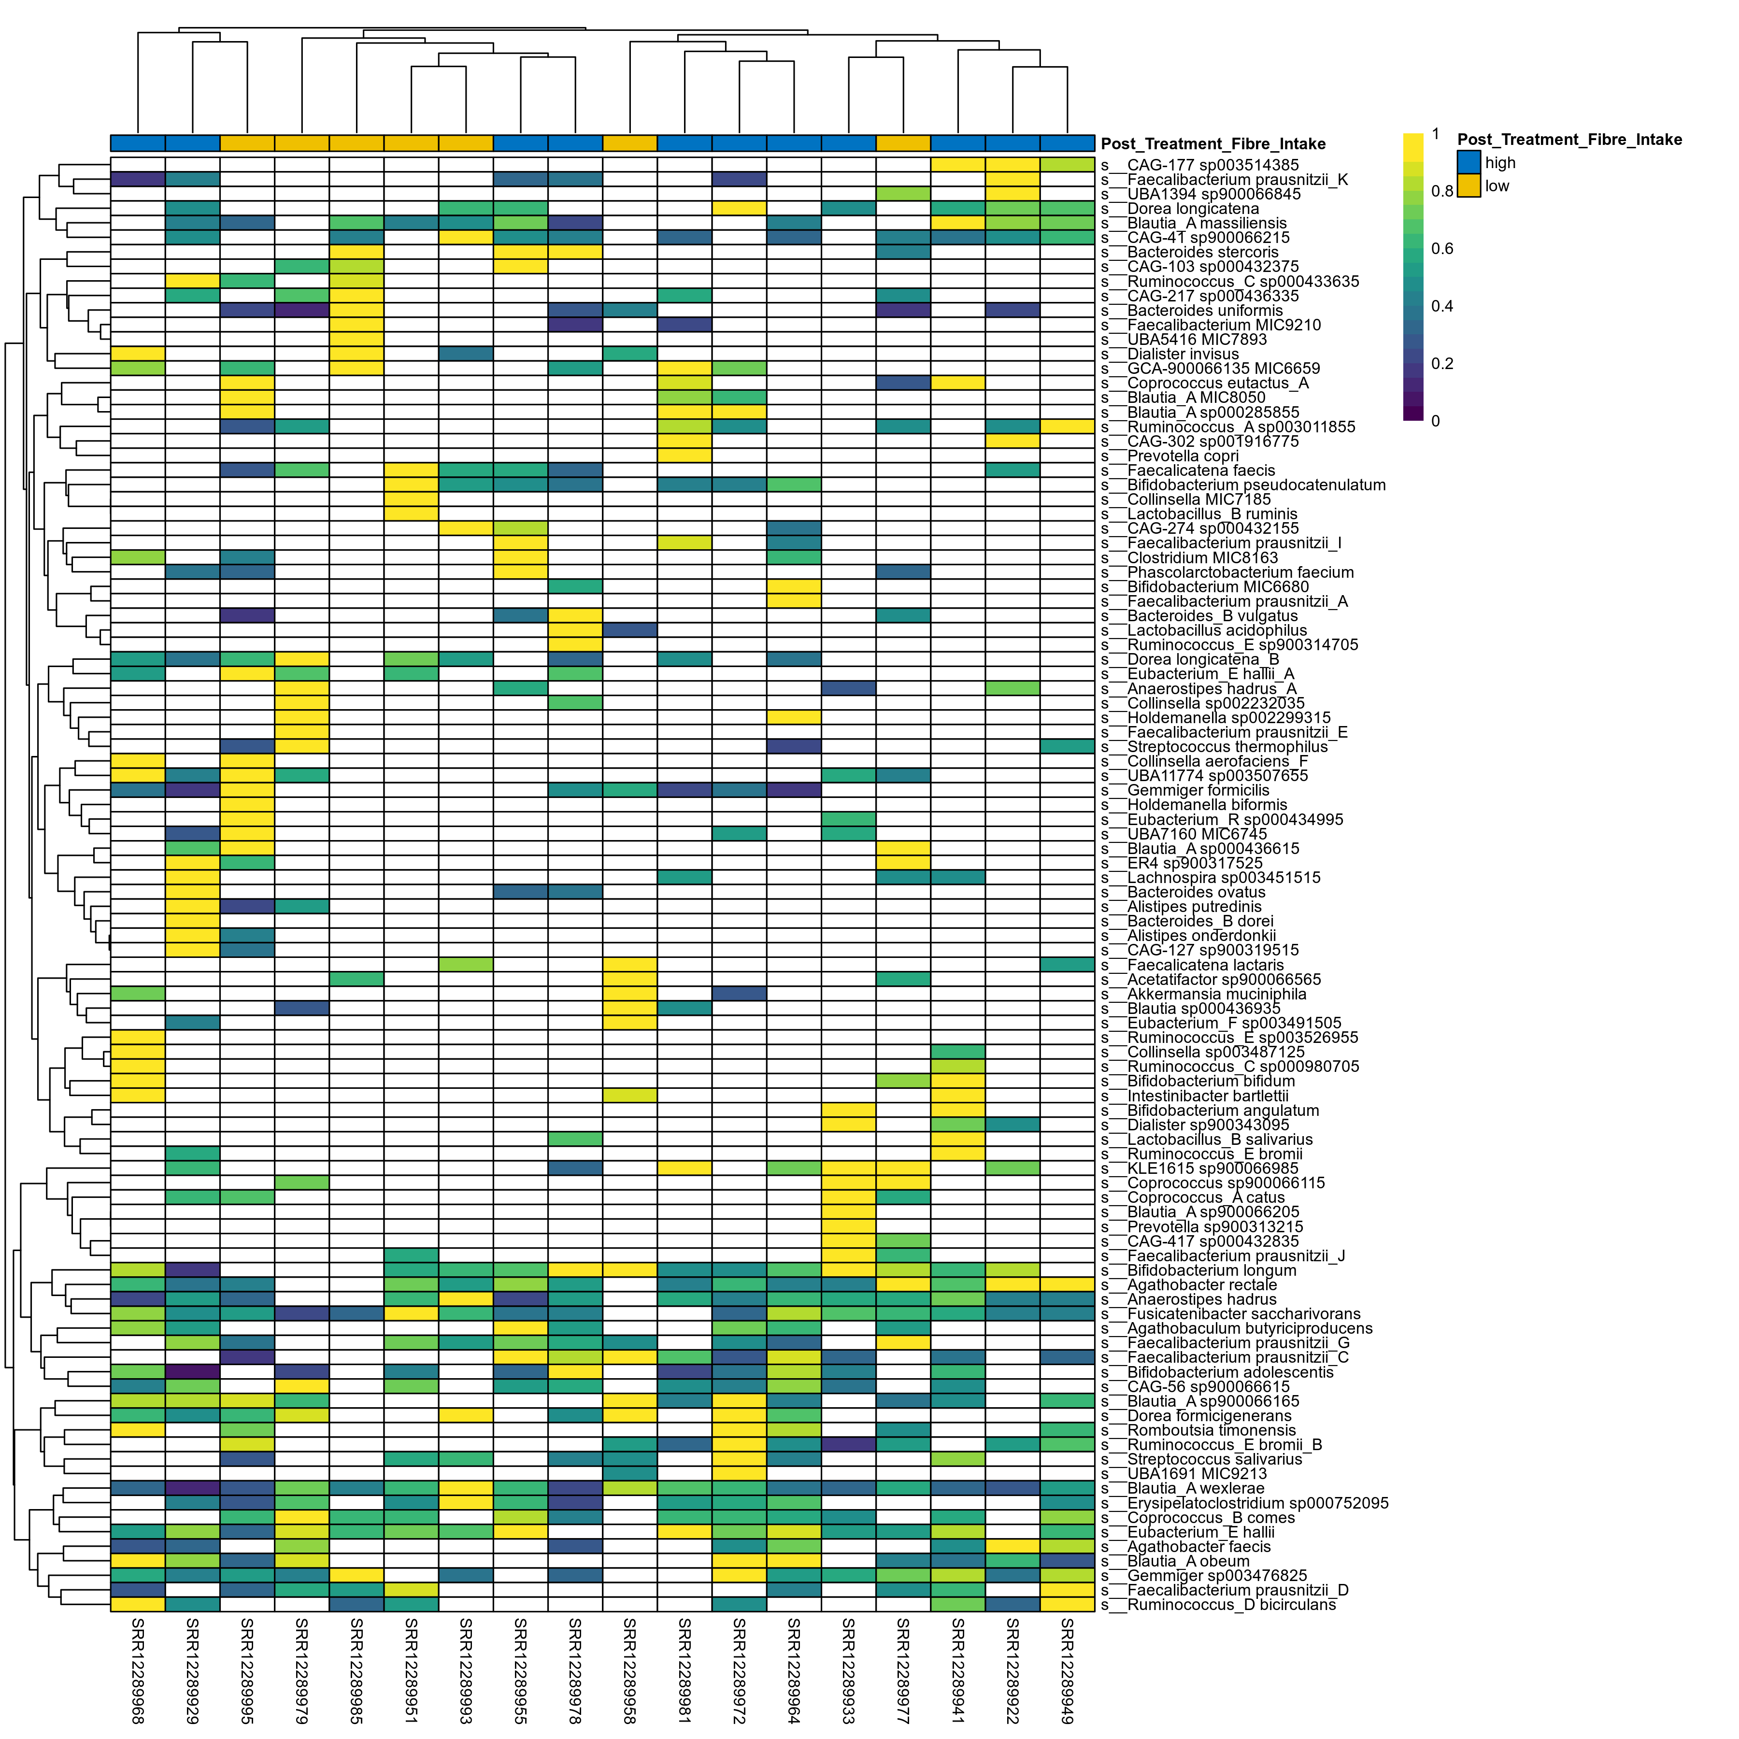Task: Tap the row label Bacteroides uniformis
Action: click(1204, 311)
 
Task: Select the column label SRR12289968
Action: click(138, 1670)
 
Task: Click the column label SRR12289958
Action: click(630, 1670)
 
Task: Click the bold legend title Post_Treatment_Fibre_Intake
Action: click(1569, 140)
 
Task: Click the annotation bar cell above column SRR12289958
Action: click(630, 143)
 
